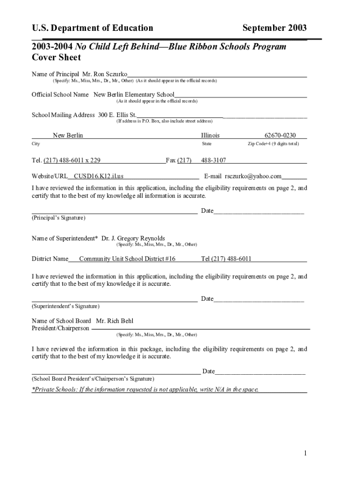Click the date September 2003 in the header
point(274,28)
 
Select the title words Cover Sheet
point(56,58)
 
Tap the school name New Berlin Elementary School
point(134,94)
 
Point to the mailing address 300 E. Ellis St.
point(117,115)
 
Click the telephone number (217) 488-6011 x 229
point(72,160)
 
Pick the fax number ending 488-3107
point(213,160)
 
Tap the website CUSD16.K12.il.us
point(99,176)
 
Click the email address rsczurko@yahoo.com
point(253,176)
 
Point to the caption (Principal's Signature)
point(58,218)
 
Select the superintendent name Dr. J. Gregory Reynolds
point(133,239)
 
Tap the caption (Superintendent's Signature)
point(65,306)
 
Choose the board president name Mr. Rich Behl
point(115,321)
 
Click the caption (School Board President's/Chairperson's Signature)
point(93,378)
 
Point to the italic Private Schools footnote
point(145,389)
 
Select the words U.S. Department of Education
point(92,28)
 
